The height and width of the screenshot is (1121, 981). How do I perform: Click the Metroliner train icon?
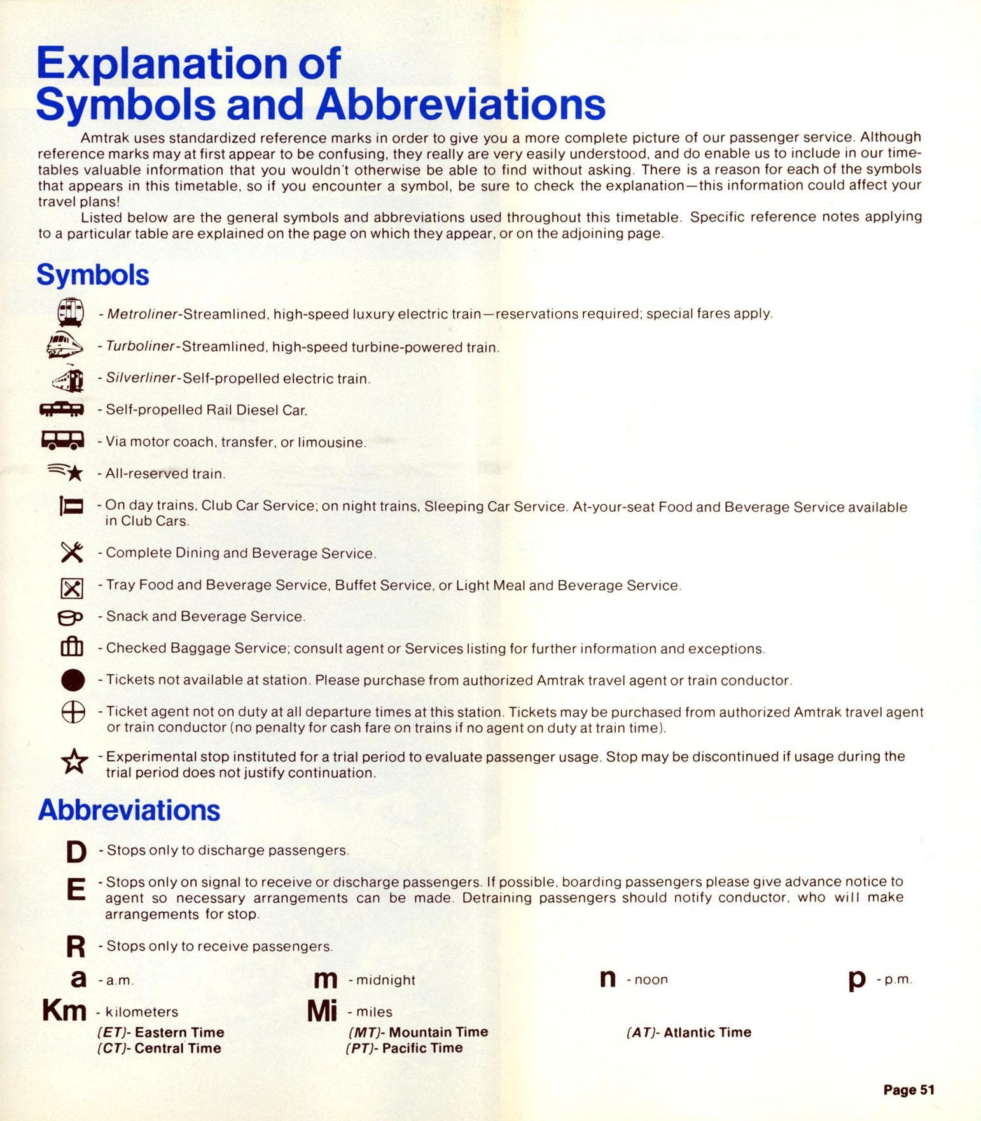[71, 313]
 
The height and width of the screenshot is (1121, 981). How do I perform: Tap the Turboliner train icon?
[64, 345]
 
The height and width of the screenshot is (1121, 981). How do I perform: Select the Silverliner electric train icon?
[69, 379]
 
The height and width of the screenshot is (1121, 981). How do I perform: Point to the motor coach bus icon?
[62, 441]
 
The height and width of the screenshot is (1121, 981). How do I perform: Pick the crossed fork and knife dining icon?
[72, 552]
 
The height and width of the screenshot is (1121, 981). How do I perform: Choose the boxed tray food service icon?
[72, 588]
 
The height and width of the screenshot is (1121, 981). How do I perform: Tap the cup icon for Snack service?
[70, 617]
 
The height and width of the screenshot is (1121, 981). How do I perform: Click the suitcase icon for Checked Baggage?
[72, 647]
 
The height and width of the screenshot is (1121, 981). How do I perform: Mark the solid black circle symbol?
[73, 680]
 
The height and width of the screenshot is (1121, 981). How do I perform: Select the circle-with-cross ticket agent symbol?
[73, 712]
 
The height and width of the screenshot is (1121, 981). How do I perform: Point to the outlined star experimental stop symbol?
[74, 761]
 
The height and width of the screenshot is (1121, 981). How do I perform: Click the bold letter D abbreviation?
[76, 851]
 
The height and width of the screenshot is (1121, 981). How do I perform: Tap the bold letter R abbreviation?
[76, 947]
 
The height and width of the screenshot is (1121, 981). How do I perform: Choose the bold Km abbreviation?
[64, 1010]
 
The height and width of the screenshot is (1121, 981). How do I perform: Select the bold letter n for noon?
[608, 978]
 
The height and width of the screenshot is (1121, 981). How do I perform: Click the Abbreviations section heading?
[129, 810]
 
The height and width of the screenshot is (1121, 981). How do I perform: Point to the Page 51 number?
[908, 1090]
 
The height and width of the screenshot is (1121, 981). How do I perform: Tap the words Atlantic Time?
[707, 1032]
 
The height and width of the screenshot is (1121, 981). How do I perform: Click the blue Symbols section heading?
[93, 275]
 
